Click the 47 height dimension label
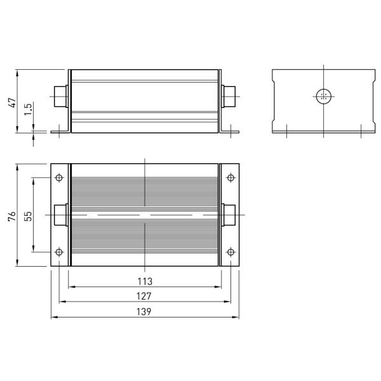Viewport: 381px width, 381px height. coord(13,102)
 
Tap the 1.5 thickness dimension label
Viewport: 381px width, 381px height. coord(28,110)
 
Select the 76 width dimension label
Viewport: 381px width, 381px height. coord(12,216)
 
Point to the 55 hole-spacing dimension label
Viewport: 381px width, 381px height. coord(28,216)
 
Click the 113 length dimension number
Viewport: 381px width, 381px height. coord(145,281)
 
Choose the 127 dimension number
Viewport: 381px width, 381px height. coord(144,296)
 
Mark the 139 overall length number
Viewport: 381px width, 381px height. coord(144,312)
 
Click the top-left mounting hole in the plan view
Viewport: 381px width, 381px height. coord(59,178)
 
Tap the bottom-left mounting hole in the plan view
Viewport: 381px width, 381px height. coord(59,252)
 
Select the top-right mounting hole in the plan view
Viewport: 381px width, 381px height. coord(231,178)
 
